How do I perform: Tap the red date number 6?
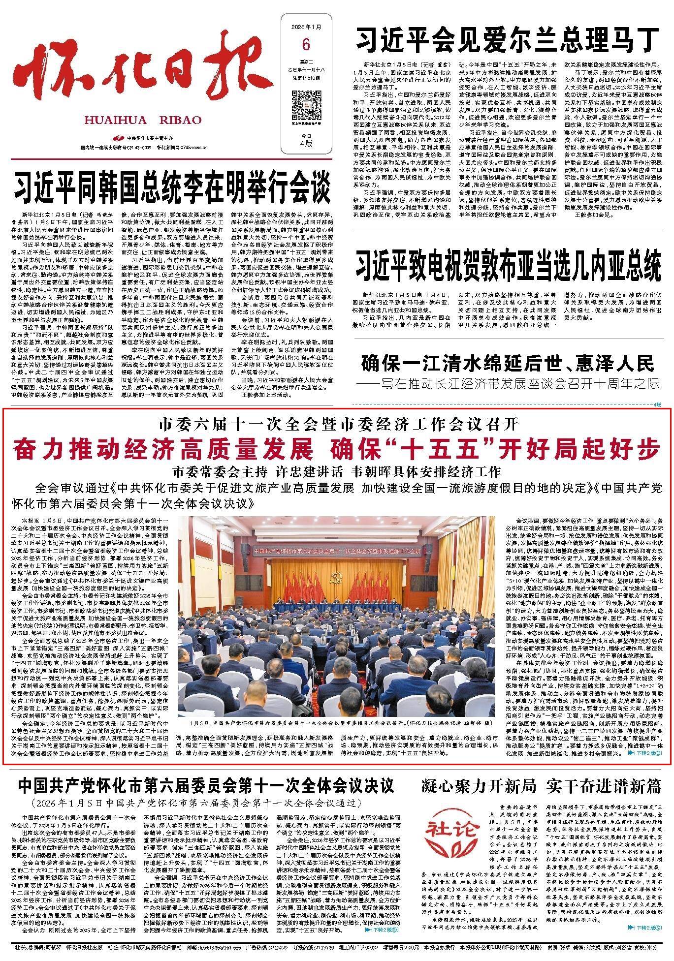click(x=306, y=45)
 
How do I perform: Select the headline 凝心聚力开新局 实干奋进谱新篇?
click(x=542, y=786)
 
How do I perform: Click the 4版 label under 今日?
click(x=306, y=144)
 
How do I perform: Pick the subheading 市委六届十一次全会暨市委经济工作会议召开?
click(x=336, y=423)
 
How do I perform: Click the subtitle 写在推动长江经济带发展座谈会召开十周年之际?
click(x=514, y=384)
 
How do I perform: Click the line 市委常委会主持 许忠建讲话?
click(x=336, y=471)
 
